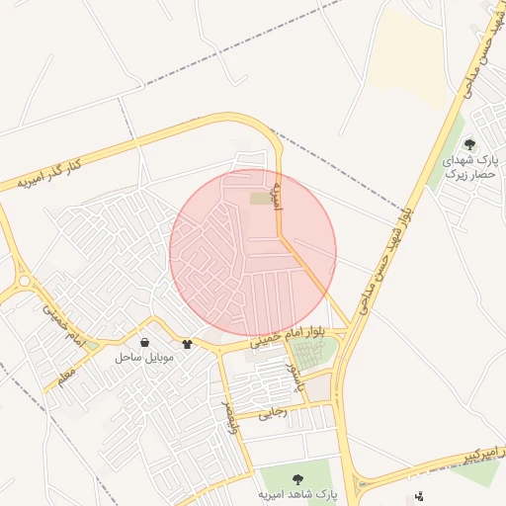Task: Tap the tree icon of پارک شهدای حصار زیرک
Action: [468, 144]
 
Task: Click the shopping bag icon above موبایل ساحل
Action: [145, 342]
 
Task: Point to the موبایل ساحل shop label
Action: [143, 357]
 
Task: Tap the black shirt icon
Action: [188, 345]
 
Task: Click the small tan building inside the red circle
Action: [259, 199]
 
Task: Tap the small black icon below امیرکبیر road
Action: [419, 496]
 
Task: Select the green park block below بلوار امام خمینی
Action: [314, 355]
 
